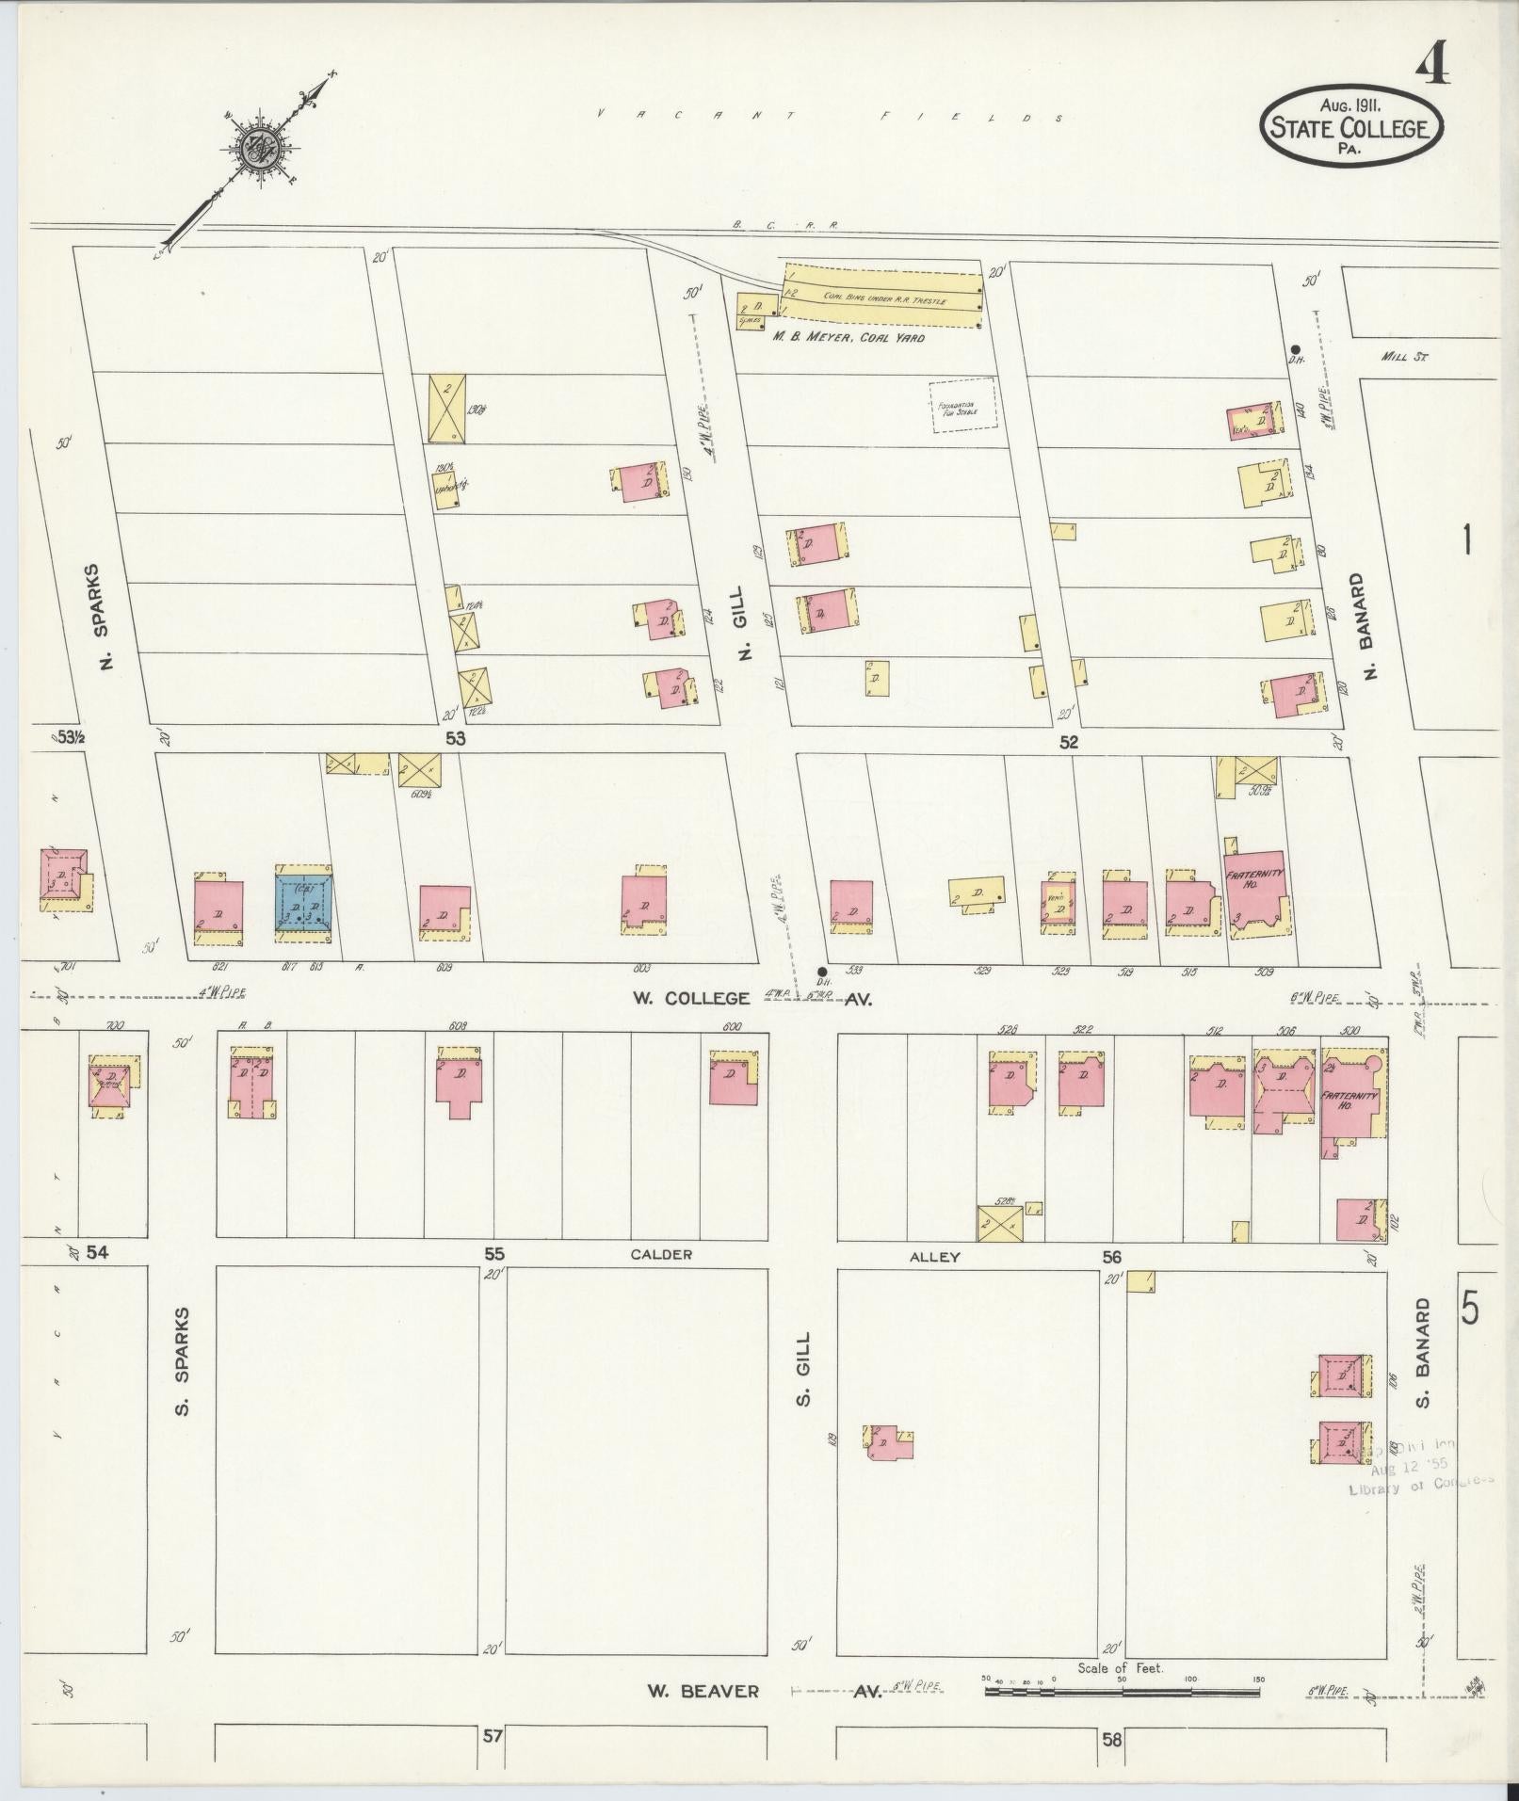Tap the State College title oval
pyautogui.click(x=1351, y=124)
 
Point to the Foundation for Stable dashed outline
pyautogui.click(x=962, y=407)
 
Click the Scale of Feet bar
pyautogui.click(x=1121, y=1692)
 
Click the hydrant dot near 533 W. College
pyautogui.click(x=822, y=972)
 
